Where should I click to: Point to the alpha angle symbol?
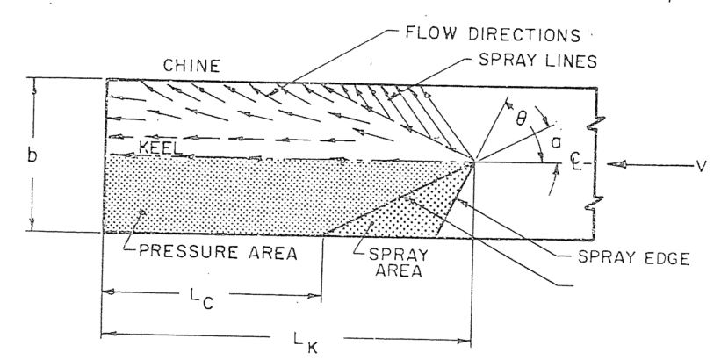click(555, 144)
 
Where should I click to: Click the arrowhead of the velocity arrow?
click(618, 163)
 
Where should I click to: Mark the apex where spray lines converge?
click(472, 162)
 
